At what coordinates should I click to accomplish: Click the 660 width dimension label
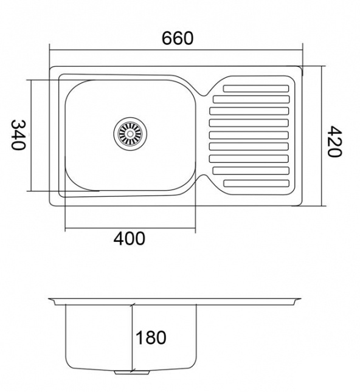tap(178, 38)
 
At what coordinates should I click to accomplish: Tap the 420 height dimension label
tap(334, 141)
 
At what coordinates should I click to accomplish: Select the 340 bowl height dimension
tap(18, 135)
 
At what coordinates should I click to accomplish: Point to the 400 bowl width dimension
tap(129, 238)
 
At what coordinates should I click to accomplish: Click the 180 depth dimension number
tap(151, 337)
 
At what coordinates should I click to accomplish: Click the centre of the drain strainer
tap(130, 134)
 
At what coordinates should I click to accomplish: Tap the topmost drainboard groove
tap(256, 89)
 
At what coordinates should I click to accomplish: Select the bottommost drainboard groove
tap(256, 184)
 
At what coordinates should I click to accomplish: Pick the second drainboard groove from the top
tap(251, 99)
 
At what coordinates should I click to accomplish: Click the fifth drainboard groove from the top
tap(249, 135)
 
